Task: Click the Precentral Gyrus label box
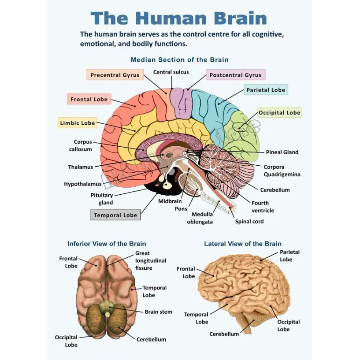(115, 75)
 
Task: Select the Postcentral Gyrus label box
(235, 75)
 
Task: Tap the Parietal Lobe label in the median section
(266, 90)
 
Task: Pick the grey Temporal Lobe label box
(115, 215)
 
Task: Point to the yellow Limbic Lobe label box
(78, 123)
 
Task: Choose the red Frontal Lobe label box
(89, 99)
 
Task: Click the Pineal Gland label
(282, 152)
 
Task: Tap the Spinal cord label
(249, 221)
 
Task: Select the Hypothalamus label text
(82, 184)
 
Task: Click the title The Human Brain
(179, 19)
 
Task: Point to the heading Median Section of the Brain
(180, 59)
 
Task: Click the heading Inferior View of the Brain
(107, 244)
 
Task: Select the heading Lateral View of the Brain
(243, 244)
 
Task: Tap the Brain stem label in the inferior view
(159, 312)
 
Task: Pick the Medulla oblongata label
(200, 218)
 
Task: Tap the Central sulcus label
(171, 72)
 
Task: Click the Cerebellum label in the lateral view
(224, 334)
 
